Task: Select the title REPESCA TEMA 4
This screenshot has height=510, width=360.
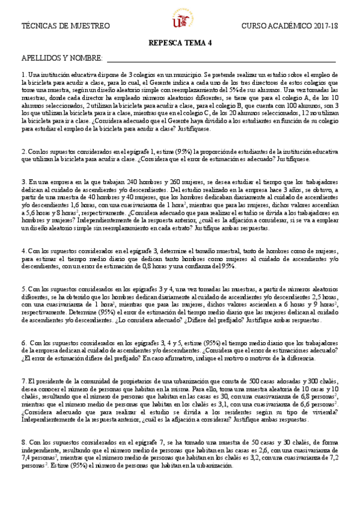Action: click(x=180, y=44)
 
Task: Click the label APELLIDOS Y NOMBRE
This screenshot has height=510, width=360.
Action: click(x=61, y=59)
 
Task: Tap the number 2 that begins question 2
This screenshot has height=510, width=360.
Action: click(x=23, y=152)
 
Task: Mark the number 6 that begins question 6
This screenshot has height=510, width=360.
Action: click(x=23, y=342)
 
